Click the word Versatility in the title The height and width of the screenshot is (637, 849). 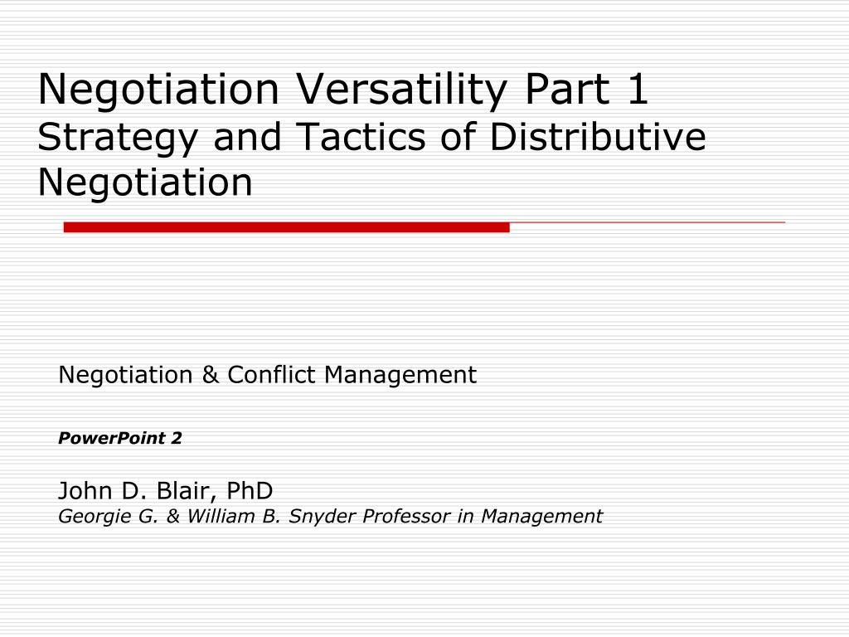tap(402, 90)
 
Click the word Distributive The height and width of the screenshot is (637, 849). tap(597, 136)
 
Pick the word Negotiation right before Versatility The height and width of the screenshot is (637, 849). tap(158, 89)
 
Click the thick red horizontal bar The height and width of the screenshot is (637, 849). tap(286, 227)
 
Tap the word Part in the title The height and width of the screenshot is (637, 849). tap(567, 89)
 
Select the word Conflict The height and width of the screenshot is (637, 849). tap(271, 374)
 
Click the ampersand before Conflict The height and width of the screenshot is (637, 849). tap(210, 375)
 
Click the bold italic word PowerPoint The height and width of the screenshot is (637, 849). tap(112, 438)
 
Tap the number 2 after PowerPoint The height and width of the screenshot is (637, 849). tap(177, 438)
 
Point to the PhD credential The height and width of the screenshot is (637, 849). tap(250, 491)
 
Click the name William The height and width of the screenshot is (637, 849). tap(222, 516)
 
